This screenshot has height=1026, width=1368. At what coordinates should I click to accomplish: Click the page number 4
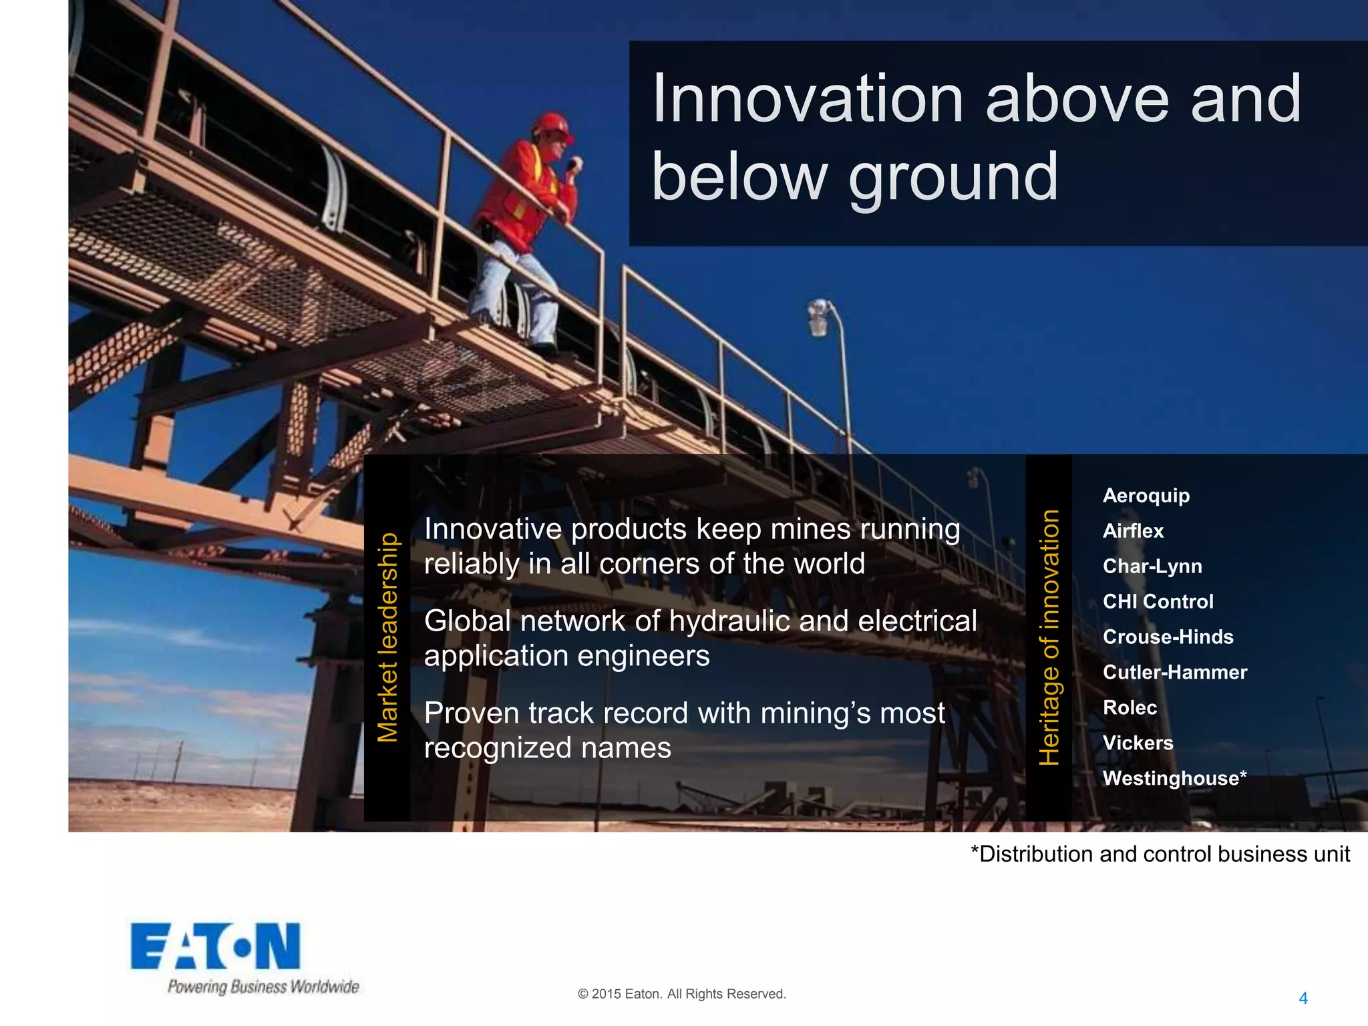click(1303, 998)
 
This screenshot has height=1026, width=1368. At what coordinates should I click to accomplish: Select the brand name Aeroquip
click(1146, 496)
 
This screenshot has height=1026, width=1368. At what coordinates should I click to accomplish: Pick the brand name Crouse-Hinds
click(1168, 637)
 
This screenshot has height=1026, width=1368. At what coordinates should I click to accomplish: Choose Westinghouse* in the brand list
click(1174, 778)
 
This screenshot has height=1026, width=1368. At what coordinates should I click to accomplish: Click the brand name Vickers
click(1138, 743)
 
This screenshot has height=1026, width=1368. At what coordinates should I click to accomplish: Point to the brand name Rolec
click(1130, 707)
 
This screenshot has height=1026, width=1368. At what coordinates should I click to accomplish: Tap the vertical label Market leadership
click(387, 637)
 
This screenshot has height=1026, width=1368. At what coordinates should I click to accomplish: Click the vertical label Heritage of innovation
click(1049, 637)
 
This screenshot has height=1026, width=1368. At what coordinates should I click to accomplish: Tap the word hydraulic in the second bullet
click(730, 621)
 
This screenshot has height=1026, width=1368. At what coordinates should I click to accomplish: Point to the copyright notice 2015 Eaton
click(681, 994)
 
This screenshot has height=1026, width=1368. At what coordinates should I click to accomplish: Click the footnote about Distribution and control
click(1160, 854)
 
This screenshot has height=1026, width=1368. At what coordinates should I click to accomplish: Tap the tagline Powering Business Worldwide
click(263, 987)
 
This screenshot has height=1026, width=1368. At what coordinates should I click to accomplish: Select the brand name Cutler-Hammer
click(1174, 672)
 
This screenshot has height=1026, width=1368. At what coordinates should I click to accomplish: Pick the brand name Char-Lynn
click(1152, 566)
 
